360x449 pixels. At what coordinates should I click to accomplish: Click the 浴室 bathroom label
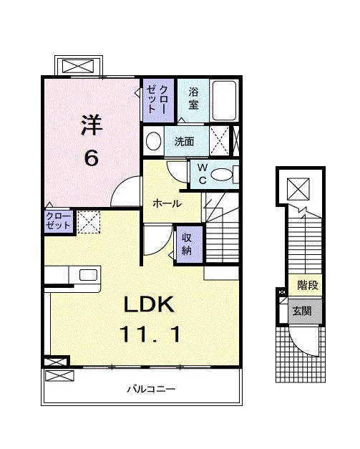click(193, 98)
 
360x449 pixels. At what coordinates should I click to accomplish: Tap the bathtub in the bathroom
click(224, 100)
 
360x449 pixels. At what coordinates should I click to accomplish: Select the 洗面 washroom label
click(184, 142)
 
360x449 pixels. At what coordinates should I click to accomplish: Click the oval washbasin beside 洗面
click(153, 141)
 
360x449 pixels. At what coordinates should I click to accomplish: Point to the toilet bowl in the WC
click(221, 175)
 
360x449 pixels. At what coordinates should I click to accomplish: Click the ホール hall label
click(167, 203)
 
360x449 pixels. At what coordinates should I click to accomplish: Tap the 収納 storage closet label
click(187, 244)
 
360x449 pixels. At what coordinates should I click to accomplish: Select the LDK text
click(149, 304)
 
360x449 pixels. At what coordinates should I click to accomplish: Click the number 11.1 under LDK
click(150, 334)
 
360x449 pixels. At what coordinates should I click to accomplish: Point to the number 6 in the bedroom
click(92, 158)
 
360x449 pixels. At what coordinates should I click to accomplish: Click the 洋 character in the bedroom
click(92, 125)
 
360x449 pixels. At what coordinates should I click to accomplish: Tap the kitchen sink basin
click(89, 275)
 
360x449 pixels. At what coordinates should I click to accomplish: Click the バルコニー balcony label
click(151, 389)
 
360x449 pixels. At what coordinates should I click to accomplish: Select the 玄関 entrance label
click(302, 311)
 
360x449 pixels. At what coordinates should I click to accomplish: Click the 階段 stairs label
click(308, 285)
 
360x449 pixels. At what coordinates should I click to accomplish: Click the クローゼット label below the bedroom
click(58, 221)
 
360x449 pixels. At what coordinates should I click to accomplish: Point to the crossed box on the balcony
click(59, 376)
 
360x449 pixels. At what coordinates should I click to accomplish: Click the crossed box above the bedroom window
click(78, 66)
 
